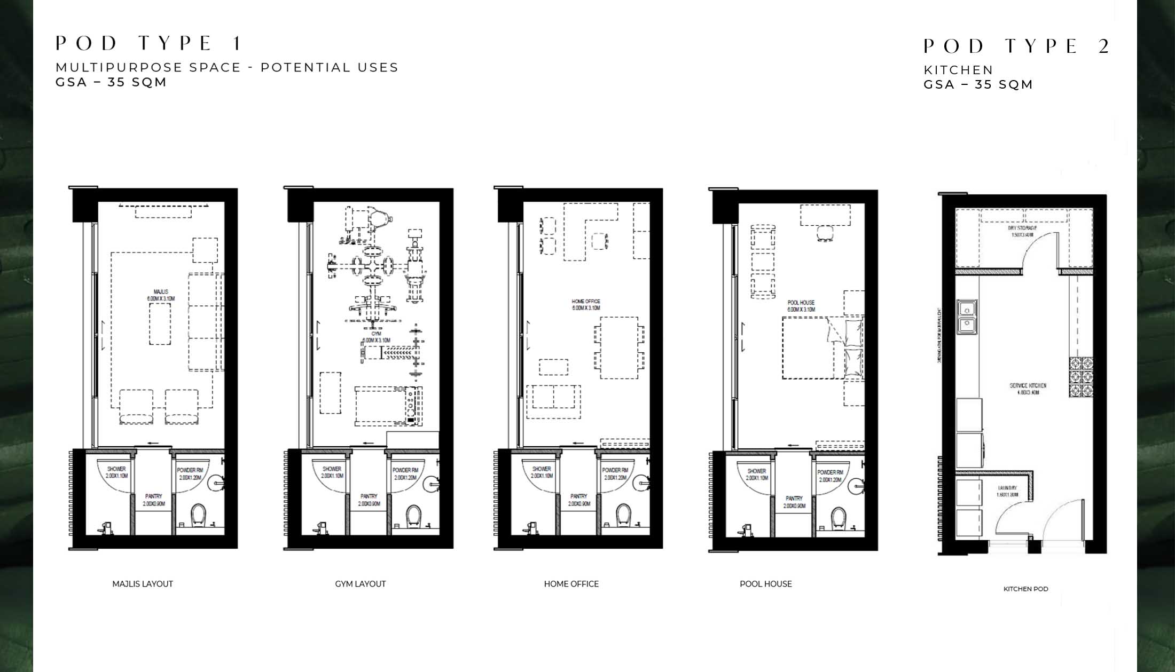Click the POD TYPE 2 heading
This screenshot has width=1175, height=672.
[1016, 46]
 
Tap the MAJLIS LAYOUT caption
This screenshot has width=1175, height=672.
[143, 584]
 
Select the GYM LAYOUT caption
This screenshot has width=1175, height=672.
[361, 584]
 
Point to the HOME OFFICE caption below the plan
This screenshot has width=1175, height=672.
[571, 584]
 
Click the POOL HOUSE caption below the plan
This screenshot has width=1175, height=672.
[765, 584]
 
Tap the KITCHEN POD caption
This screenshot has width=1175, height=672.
[1025, 589]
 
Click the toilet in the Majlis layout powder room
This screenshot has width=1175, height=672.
[198, 515]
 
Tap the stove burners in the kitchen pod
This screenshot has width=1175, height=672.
[1080, 377]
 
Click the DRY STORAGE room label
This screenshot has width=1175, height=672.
[1023, 231]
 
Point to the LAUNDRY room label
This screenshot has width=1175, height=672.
[1007, 491]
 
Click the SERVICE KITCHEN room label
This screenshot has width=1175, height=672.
[1028, 389]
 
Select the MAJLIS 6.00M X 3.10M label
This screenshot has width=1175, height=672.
[161, 295]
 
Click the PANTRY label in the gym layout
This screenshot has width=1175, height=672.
[369, 500]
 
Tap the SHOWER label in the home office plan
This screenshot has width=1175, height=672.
[541, 472]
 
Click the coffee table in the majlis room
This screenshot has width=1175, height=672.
[160, 325]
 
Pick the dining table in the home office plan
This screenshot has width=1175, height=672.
[618, 348]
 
